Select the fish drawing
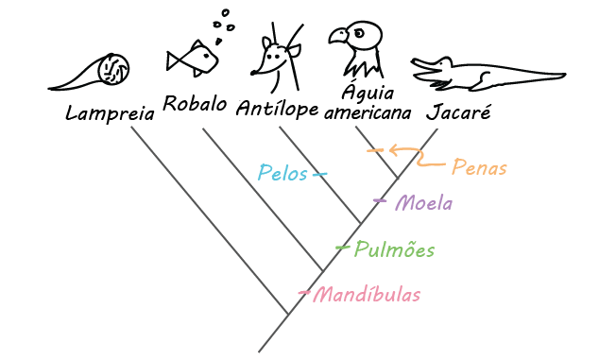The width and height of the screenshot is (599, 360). (x=195, y=60)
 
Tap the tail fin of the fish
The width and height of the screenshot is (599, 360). (x=174, y=60)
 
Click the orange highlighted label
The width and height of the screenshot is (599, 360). (x=479, y=167)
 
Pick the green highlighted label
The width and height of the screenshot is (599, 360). (x=392, y=249)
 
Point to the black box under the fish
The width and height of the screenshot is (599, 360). (x=195, y=102)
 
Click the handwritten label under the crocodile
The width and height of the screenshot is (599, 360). (x=460, y=111)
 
